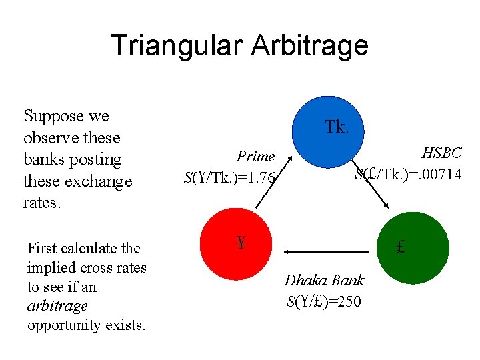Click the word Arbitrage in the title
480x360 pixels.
[x=311, y=46]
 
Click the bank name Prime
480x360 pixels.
[x=256, y=156]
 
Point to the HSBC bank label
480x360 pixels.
[x=441, y=153]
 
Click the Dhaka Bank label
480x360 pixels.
[x=324, y=281]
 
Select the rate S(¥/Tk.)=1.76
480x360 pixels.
[x=229, y=178]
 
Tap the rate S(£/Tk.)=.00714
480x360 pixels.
[x=408, y=175]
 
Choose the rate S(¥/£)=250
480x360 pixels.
[x=324, y=302]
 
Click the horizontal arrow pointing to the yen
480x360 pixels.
[x=326, y=251]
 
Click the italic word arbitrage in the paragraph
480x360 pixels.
[x=57, y=306]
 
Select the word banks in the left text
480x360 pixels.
[x=43, y=160]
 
